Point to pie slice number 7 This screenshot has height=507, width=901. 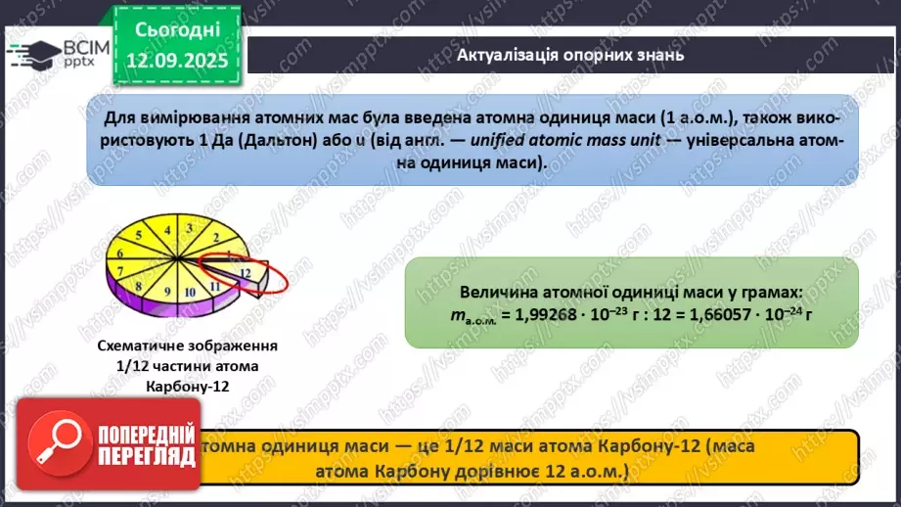coord(118,267)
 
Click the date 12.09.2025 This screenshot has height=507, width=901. coord(177,61)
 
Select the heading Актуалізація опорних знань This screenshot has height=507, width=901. coord(569,56)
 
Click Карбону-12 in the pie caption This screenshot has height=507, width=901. coord(187,386)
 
